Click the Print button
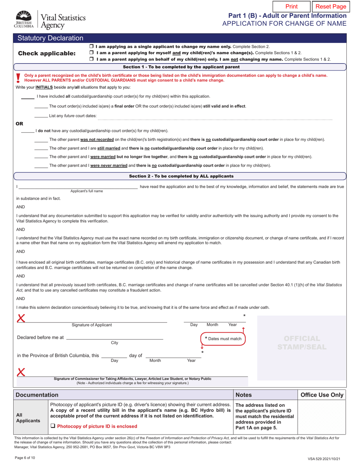(291, 6)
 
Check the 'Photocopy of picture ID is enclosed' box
(53, 426)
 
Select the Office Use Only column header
(322, 395)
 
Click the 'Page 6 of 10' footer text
(25, 458)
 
